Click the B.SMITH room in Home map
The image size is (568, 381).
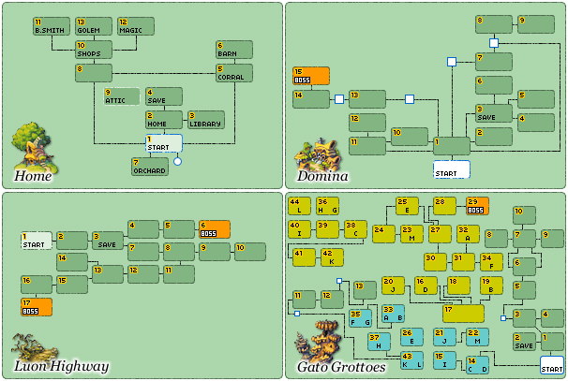click(50, 26)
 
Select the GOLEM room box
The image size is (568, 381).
click(93, 26)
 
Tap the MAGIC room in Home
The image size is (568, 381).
click(135, 26)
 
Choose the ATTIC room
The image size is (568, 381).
click(121, 95)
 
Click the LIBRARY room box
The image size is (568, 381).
click(205, 119)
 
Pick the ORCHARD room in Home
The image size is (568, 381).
click(149, 167)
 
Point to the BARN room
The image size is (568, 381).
click(233, 50)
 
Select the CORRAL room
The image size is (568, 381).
click(233, 73)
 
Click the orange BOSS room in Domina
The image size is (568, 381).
click(311, 76)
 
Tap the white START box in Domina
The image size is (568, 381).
click(451, 169)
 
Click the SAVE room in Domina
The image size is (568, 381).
click(494, 113)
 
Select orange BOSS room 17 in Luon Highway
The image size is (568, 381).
click(37, 306)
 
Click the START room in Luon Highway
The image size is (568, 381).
click(37, 241)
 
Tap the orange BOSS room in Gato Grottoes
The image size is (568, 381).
click(478, 206)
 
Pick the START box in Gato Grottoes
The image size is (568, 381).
click(552, 364)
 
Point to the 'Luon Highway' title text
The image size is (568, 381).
click(60, 366)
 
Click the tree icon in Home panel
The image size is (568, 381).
click(32, 145)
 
